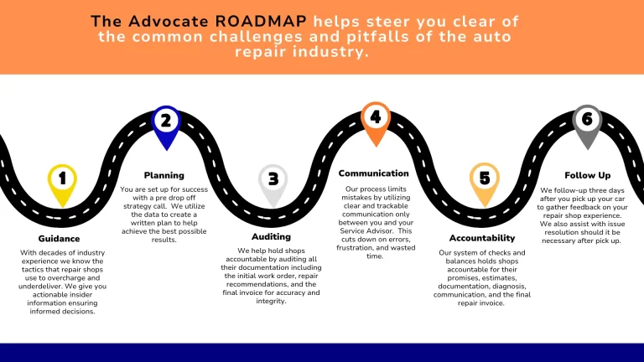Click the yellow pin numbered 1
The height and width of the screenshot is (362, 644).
(62, 179)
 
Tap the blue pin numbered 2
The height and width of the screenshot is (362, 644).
(166, 122)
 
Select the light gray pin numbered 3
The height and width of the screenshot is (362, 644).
(273, 179)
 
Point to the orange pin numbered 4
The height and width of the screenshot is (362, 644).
(375, 118)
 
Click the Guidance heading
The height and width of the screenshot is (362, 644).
(59, 238)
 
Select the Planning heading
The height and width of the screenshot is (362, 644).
(164, 175)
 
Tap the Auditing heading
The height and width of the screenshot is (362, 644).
(271, 236)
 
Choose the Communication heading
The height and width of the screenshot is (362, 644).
(373, 173)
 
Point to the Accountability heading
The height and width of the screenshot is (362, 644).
(481, 238)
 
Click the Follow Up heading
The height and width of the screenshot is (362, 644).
(587, 176)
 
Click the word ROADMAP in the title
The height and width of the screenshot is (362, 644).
(251, 20)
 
